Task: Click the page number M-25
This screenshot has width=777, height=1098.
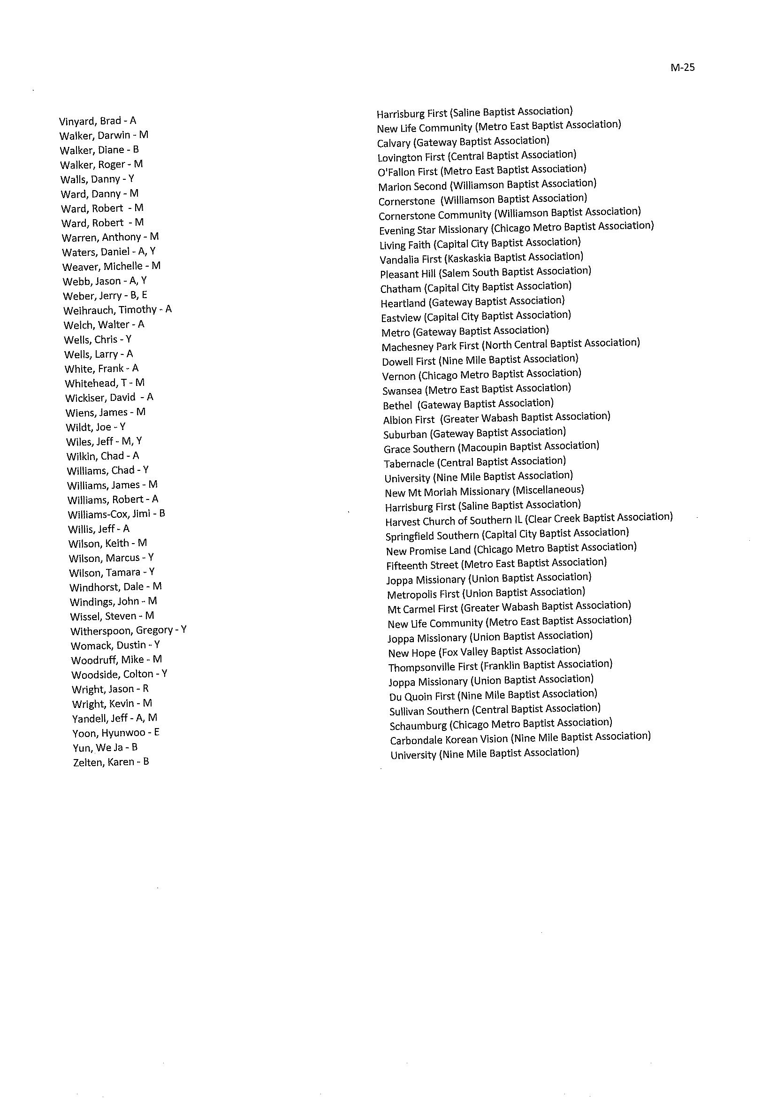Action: point(682,68)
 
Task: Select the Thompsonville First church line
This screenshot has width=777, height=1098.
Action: point(500,665)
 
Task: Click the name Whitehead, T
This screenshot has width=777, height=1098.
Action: point(104,383)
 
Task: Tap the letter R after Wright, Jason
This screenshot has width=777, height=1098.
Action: point(145,689)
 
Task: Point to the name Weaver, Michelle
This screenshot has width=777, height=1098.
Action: point(111,266)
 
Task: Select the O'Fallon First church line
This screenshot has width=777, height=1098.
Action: point(482,170)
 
